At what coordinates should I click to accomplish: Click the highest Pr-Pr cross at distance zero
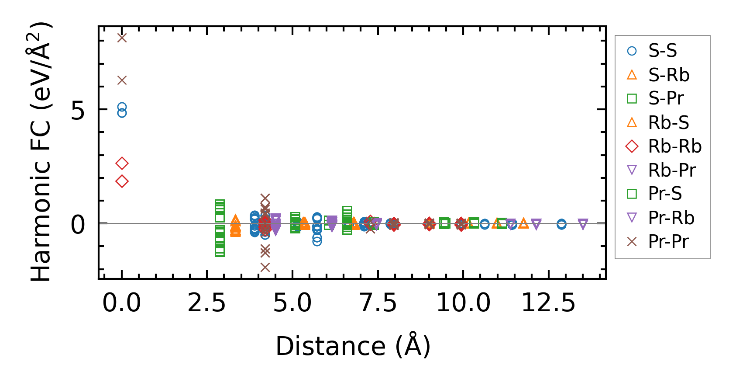122,38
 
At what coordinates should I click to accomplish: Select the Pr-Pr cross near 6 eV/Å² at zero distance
122,80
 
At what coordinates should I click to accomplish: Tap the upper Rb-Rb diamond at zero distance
122,163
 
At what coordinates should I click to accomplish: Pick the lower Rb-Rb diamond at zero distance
122,181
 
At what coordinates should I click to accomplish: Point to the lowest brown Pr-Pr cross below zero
265,267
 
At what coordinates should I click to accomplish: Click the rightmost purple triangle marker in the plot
583,224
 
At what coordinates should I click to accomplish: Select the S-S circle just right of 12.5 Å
561,224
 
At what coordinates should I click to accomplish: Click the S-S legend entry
662,51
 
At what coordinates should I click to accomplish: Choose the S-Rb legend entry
668,75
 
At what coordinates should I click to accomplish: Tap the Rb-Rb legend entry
674,146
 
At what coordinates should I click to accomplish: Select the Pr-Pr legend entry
668,242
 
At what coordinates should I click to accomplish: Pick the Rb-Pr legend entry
671,170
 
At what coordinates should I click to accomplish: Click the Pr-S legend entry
664,194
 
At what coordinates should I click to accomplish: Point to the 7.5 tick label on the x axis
378,303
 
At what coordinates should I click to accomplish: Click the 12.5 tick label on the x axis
549,303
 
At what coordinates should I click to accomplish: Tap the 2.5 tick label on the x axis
207,303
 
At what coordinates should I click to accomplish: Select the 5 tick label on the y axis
78,111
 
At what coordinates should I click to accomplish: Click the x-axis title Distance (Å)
353,346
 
